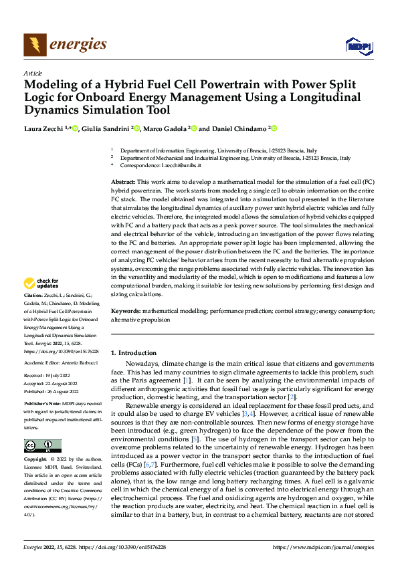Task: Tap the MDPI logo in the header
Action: pyautogui.click(x=358, y=45)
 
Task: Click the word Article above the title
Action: pyautogui.click(x=33, y=73)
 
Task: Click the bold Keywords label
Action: pyautogui.click(x=126, y=312)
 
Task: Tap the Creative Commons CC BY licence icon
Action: pyautogui.click(x=42, y=445)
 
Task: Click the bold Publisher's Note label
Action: pyautogui.click(x=43, y=405)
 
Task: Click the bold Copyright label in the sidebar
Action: pyautogui.click(x=37, y=461)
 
